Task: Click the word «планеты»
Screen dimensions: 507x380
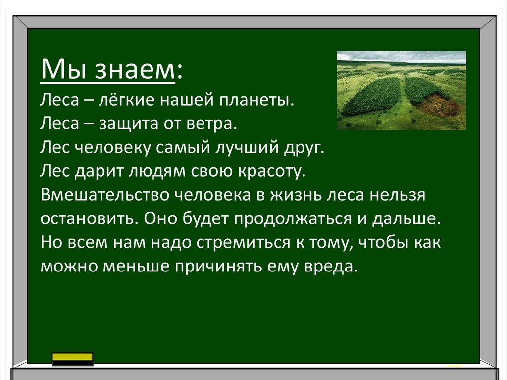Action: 257,100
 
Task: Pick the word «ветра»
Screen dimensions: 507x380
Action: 212,124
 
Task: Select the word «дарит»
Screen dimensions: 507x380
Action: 99,171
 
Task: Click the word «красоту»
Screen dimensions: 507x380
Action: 272,171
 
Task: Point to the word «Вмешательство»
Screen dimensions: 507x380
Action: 105,195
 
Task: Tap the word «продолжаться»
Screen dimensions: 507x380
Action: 292,219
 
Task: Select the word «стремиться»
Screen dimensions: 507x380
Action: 244,243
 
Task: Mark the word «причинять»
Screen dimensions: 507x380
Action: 218,267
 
